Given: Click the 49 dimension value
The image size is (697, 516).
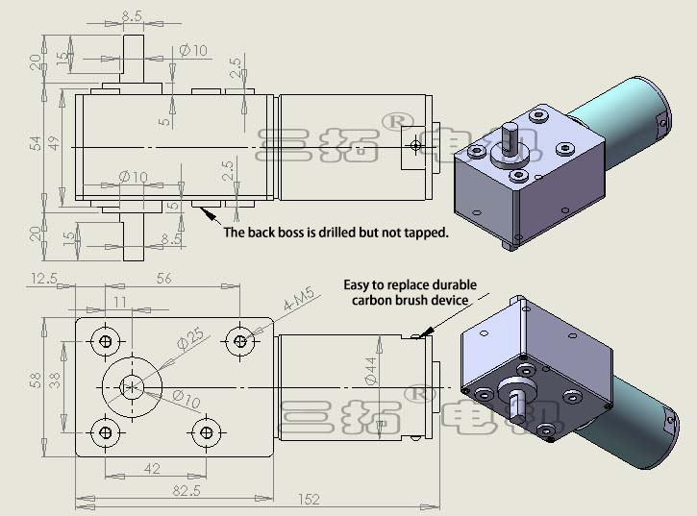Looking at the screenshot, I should (56, 144).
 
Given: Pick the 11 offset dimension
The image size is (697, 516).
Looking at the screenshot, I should (120, 302).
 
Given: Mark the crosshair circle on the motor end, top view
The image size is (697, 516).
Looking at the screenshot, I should (414, 145).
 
